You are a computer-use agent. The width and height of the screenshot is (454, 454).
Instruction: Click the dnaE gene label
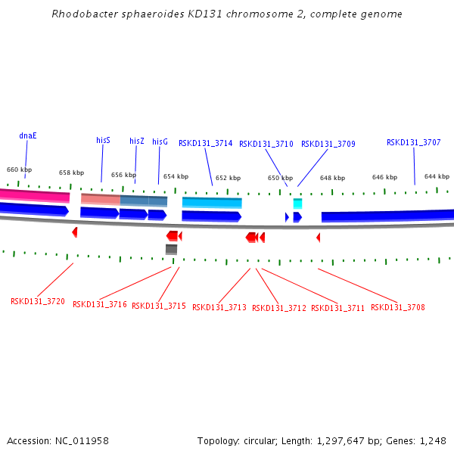click(x=28, y=136)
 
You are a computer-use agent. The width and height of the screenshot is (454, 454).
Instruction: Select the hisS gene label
click(x=103, y=140)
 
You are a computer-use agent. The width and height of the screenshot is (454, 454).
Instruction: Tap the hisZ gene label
click(x=136, y=141)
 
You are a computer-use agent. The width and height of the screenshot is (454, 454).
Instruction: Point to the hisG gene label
click(x=160, y=141)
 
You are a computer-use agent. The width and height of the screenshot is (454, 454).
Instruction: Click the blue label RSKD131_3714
click(x=205, y=143)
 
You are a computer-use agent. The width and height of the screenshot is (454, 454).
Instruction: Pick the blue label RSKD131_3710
click(x=266, y=144)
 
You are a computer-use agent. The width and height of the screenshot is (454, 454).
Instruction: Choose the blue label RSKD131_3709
click(x=328, y=144)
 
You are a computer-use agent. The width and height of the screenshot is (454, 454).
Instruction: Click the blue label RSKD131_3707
click(x=413, y=142)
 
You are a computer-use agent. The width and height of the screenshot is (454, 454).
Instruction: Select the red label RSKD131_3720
click(x=33, y=301)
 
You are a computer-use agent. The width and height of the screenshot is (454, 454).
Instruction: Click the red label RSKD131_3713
click(x=219, y=307)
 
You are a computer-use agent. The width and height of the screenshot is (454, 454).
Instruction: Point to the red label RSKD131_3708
click(x=397, y=307)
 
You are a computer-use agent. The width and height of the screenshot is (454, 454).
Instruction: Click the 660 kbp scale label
click(x=20, y=169)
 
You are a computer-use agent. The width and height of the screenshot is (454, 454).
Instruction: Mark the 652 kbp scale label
click(x=228, y=178)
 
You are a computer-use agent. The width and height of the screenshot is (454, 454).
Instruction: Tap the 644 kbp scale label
click(x=437, y=176)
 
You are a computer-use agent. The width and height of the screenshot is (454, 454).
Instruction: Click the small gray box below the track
click(x=172, y=249)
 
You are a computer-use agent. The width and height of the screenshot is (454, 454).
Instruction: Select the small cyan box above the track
click(x=297, y=204)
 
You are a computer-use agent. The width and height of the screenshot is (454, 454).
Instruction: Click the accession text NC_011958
click(x=82, y=440)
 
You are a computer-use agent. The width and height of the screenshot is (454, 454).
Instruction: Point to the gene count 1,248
click(x=431, y=440)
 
